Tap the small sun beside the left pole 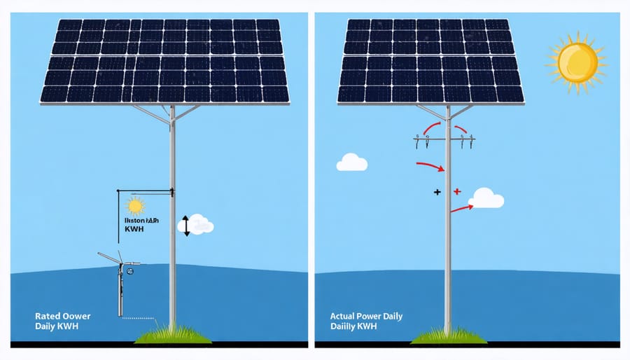135,205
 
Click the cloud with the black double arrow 199,225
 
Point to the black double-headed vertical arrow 186,226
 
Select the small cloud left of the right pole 351,162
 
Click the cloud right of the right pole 487,198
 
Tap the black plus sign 437,191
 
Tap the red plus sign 456,191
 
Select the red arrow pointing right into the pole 430,167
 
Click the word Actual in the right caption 344,317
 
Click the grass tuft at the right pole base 447,335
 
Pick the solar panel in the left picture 164,61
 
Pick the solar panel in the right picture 430,61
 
